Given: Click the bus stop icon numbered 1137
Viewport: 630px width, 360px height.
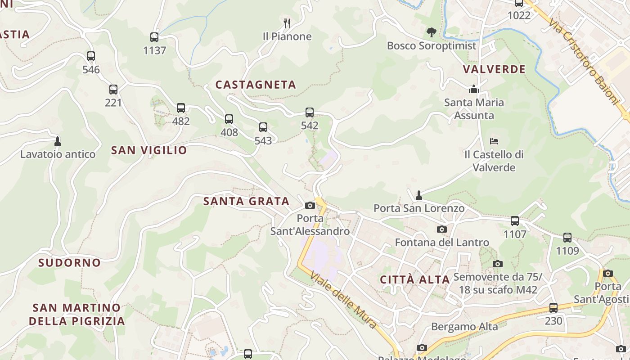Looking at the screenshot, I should point(154,37).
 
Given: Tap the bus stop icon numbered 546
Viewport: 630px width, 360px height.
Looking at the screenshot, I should point(91,56).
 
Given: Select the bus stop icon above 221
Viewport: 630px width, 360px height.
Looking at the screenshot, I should point(113,90).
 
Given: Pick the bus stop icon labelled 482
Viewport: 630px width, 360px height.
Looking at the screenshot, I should point(181,108).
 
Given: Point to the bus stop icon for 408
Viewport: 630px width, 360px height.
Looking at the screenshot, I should point(229,119).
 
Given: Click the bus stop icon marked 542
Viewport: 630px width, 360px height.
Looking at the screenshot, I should point(310,112).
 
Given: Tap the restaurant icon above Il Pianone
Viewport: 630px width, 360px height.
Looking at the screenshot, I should point(287,23).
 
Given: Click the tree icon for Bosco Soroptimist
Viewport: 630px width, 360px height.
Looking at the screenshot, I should point(431,32).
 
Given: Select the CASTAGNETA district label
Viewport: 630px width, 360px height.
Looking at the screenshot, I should point(256,85).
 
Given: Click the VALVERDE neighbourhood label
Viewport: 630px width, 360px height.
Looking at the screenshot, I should point(494,69).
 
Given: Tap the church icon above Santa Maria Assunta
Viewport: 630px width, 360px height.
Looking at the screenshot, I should point(473,89).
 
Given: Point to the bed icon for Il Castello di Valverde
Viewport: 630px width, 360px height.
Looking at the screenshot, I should point(494,141).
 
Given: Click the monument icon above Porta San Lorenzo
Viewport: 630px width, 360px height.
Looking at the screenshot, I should point(419,195).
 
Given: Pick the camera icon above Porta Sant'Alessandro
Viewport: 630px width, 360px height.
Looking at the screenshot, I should point(310,206).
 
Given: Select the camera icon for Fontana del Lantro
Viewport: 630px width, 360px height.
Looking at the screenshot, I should point(442,229).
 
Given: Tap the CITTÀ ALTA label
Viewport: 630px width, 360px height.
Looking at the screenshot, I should point(415,279).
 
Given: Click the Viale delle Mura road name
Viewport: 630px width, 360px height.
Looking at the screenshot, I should point(343,301).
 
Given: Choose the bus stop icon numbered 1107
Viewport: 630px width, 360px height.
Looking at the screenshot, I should point(515,221).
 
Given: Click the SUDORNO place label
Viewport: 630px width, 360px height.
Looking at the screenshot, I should point(69,263).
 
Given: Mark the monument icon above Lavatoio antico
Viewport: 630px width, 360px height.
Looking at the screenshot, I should point(58,141).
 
